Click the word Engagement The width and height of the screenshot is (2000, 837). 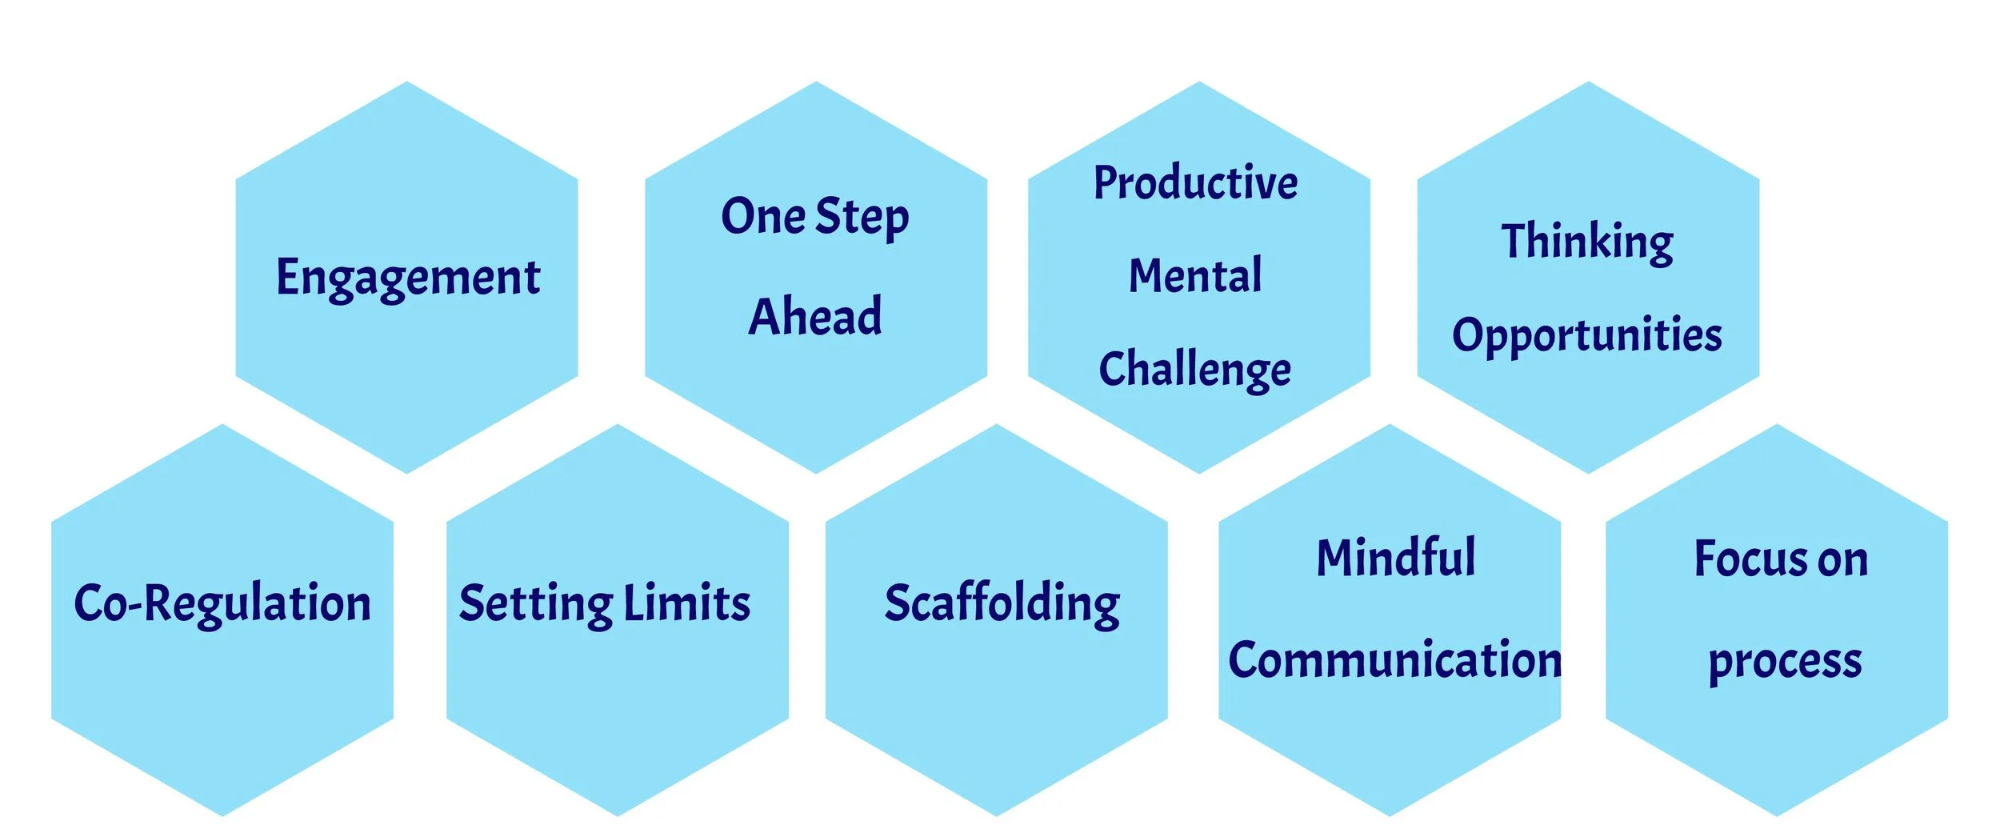[408, 278]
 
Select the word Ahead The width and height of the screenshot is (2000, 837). [815, 316]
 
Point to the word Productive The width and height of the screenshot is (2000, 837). [1195, 183]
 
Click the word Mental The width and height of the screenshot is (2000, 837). [1195, 276]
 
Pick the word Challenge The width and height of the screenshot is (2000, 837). [1194, 370]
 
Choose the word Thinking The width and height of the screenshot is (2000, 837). [1587, 242]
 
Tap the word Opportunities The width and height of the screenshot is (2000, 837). [1587, 334]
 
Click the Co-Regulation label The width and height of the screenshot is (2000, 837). [222, 603]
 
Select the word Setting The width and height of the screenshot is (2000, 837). [535, 603]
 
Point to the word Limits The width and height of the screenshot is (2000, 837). [686, 603]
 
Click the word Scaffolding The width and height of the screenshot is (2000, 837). [1002, 603]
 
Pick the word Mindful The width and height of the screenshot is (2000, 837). [1396, 558]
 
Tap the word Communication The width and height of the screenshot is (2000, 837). [1394, 660]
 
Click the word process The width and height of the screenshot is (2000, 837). [1785, 662]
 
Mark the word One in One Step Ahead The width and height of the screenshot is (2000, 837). [763, 217]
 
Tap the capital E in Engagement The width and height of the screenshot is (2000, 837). [287, 277]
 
